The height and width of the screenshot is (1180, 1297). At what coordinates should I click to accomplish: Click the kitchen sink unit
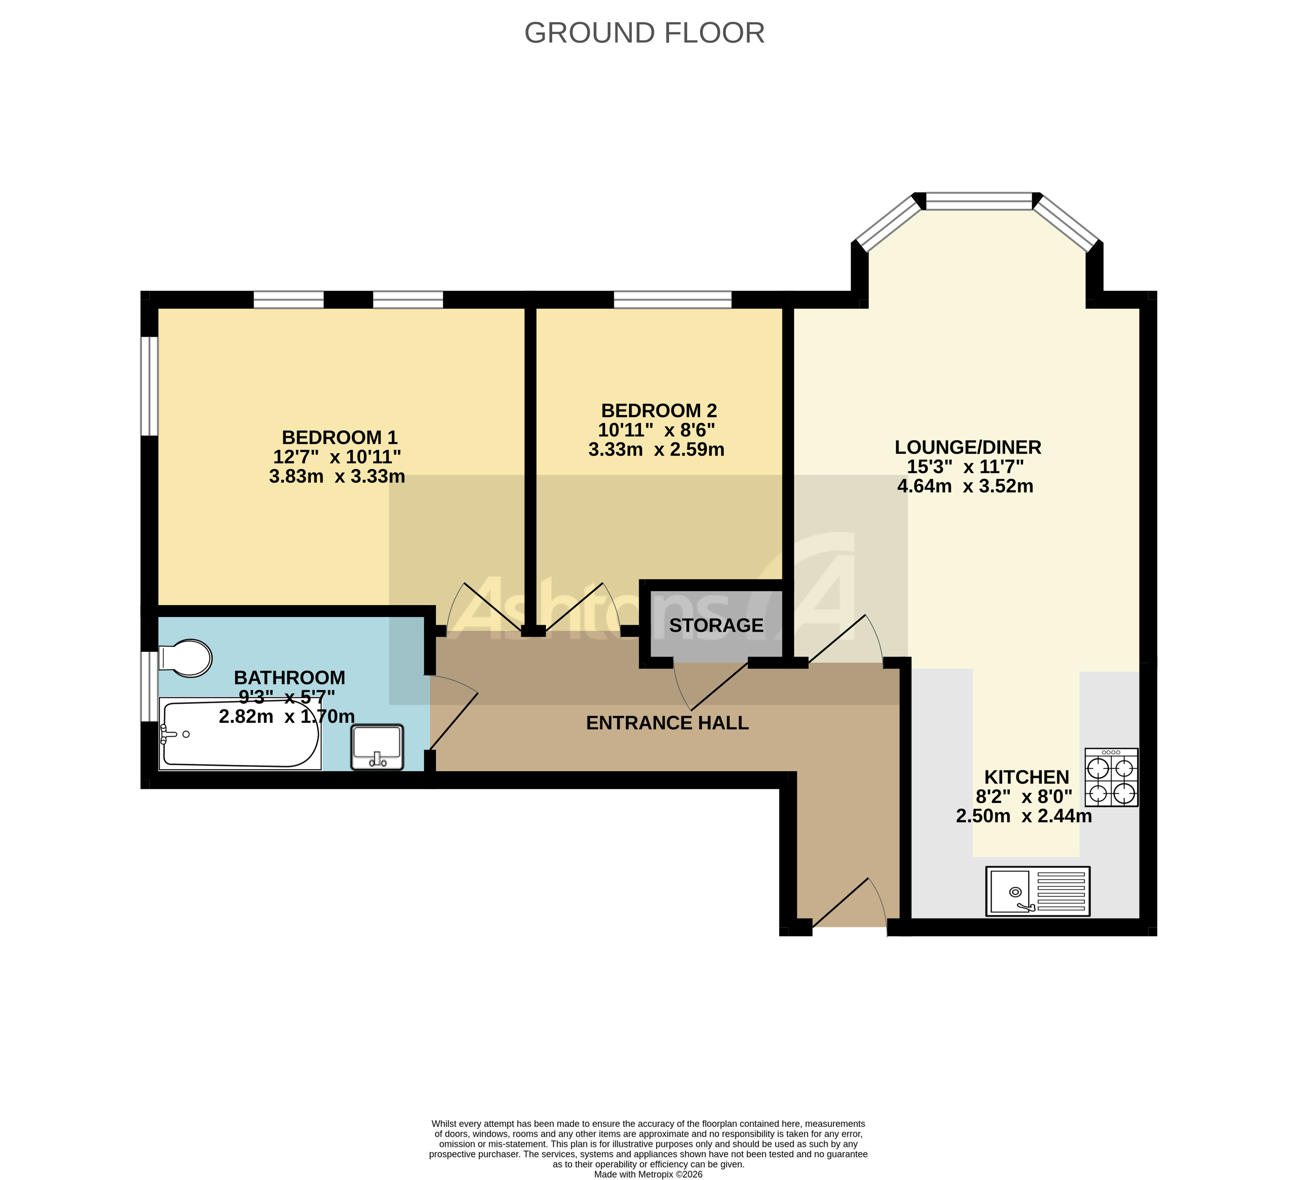(x=1038, y=891)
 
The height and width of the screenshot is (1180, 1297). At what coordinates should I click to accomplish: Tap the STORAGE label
(x=716, y=626)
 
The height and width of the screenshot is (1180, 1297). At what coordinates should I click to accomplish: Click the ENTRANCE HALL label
(x=667, y=723)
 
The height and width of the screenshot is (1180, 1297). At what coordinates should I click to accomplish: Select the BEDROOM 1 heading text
(x=340, y=438)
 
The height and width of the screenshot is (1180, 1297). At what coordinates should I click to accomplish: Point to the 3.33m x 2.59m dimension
(x=656, y=449)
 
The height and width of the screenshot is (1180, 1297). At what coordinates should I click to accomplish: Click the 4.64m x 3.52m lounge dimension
(x=965, y=486)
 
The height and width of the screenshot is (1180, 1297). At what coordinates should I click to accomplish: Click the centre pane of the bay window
(x=979, y=201)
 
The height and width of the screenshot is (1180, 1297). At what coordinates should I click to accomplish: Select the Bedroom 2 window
(x=672, y=300)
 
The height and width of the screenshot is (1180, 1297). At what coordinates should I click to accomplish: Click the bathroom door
(x=453, y=714)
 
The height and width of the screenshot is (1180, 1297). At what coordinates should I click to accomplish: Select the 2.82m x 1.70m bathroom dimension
(x=287, y=716)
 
